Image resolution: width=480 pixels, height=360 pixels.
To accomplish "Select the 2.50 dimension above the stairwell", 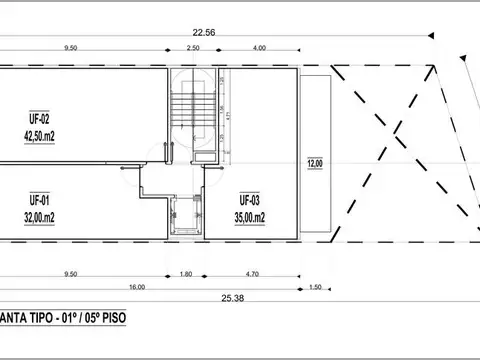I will pos(193,48).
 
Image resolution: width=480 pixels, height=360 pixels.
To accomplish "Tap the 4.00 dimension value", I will pos(260,48).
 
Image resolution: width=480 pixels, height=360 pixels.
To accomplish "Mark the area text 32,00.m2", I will pos(40,214).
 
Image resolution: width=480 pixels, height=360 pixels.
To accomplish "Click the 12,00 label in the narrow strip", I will pos(315,163).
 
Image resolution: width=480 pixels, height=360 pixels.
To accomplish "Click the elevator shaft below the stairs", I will pos(186,214).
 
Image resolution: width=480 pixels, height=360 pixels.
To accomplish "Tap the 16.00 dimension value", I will pos(137,286).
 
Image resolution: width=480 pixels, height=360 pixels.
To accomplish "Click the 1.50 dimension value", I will pos(316,286).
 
